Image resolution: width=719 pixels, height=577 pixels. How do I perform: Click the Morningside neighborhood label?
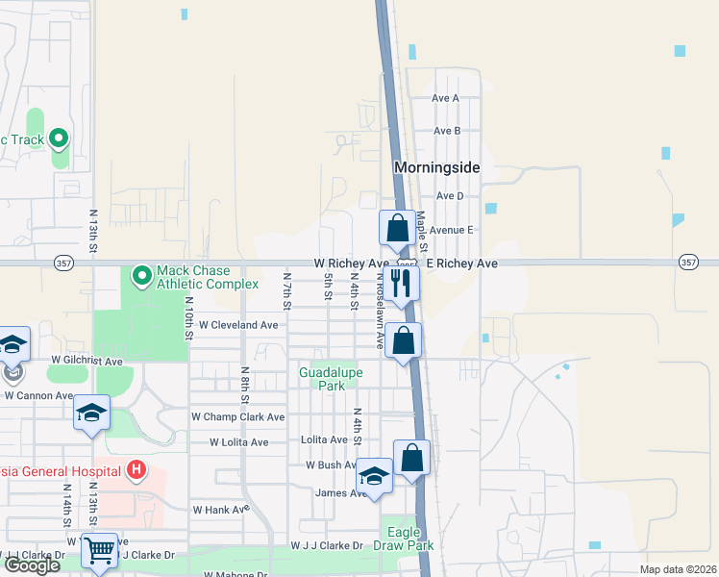click(x=436, y=167)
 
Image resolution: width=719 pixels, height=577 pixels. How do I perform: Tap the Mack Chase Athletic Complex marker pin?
click(x=141, y=277)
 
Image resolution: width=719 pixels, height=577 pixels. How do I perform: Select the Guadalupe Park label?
click(x=322, y=378)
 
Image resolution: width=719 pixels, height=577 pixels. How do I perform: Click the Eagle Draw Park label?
click(x=410, y=539)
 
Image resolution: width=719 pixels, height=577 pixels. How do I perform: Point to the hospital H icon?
click(x=136, y=470)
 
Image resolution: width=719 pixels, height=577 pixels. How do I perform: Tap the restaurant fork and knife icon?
click(x=402, y=283)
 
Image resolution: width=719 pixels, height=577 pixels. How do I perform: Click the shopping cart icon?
click(x=99, y=550)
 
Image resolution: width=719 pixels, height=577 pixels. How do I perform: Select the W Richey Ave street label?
click(x=351, y=263)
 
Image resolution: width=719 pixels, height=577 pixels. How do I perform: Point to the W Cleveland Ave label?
click(x=238, y=325)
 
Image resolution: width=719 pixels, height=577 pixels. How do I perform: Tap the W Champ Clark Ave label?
click(x=238, y=417)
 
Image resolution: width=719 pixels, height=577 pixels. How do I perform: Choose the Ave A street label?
click(x=446, y=98)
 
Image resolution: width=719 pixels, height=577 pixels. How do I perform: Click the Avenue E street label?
click(x=452, y=230)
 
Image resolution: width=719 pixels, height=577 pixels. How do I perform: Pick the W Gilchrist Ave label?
click(x=87, y=362)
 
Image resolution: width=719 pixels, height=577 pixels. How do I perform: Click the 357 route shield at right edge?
click(x=688, y=262)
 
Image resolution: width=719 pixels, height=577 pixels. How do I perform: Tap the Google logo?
click(x=32, y=565)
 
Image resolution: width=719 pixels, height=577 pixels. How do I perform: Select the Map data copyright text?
click(x=678, y=569)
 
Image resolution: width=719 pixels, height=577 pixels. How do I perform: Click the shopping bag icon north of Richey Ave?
click(x=396, y=229)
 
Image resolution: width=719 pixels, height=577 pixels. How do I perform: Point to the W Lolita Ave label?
click(x=239, y=442)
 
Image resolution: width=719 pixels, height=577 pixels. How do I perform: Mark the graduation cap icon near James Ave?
click(x=374, y=476)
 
